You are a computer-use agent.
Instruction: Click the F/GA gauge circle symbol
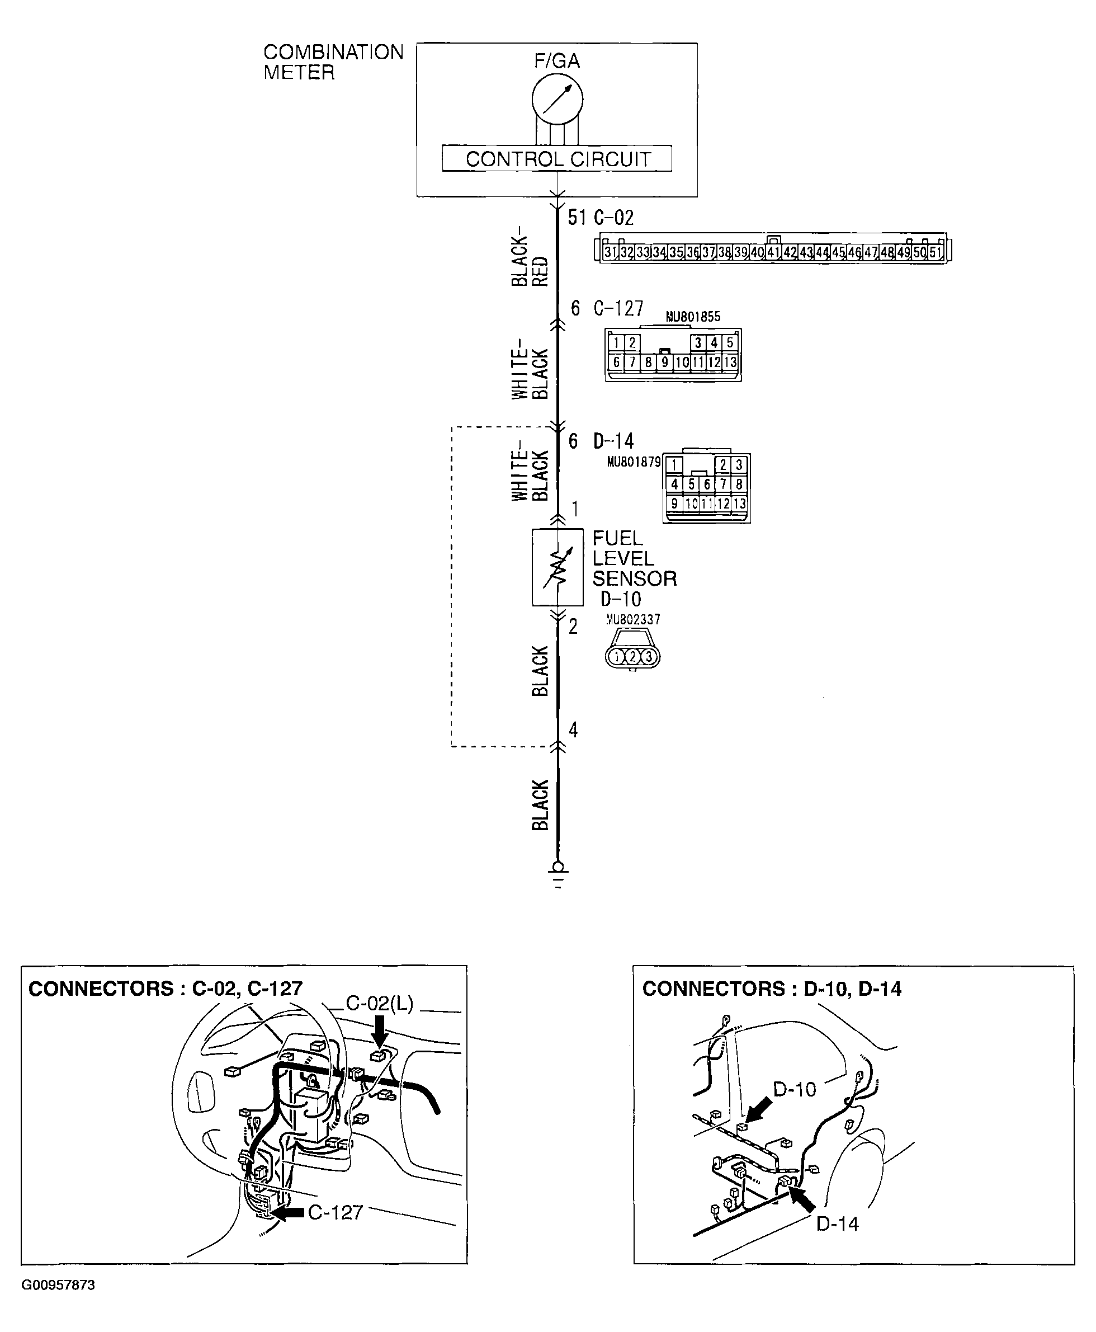557,99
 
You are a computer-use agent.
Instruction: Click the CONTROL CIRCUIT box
557,158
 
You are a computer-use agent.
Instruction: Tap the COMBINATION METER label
333,62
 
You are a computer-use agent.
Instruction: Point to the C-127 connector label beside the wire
618,308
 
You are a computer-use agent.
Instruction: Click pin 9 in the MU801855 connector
664,363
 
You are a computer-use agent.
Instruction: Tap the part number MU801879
633,462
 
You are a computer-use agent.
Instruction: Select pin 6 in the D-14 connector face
706,484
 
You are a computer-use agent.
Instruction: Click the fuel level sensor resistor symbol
557,567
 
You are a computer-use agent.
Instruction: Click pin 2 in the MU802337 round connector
632,657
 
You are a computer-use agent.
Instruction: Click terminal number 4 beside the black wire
573,730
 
